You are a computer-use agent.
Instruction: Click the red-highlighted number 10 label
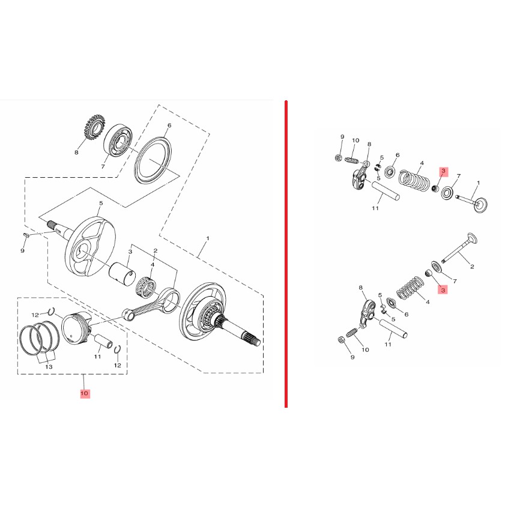[x=85, y=393]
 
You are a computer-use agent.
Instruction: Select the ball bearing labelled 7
[x=118, y=142]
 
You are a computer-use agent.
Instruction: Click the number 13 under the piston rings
[x=49, y=367]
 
